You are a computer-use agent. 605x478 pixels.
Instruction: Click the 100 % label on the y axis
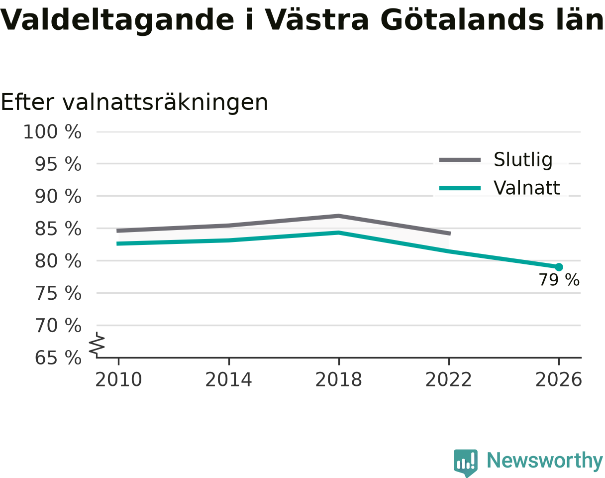pos(52,132)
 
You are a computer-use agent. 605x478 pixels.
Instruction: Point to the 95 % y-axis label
pos(58,164)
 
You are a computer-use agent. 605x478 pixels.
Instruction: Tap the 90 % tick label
pos(58,196)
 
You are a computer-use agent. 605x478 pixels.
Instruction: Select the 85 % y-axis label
pos(58,229)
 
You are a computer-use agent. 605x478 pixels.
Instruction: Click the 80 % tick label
pos(58,261)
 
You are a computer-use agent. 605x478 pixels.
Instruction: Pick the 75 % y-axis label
pos(58,293)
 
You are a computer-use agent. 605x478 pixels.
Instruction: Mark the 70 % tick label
pos(58,326)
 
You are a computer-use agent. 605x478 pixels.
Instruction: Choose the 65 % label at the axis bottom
pos(58,358)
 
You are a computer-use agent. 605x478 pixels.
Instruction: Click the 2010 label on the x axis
pos(118,380)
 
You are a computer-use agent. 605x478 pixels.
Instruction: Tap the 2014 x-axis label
pos(228,380)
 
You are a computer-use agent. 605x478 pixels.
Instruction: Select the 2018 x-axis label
pos(338,380)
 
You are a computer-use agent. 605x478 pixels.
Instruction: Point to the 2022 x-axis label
pos(448,380)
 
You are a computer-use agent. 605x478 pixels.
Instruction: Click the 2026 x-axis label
pos(558,380)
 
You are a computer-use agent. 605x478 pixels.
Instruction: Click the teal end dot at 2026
pos(559,267)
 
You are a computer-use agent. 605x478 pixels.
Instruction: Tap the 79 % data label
pos(559,280)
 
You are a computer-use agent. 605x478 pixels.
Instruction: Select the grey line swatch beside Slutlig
pos(460,160)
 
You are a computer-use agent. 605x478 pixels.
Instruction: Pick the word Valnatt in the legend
pos(527,188)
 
